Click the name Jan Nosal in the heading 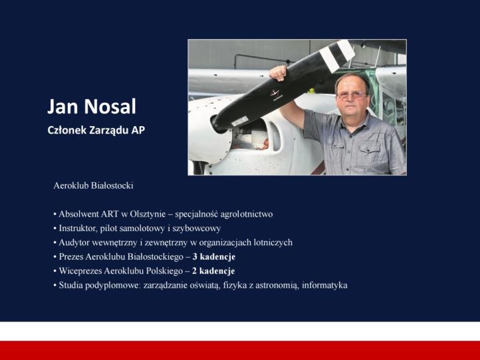pos(92,106)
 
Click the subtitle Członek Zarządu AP pos(96,130)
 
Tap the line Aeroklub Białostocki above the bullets pos(93,185)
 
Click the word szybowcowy pos(199,228)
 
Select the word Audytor pos(75,242)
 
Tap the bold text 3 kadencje pos(213,256)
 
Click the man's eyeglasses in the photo pos(351,95)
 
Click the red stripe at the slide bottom pos(240,350)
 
